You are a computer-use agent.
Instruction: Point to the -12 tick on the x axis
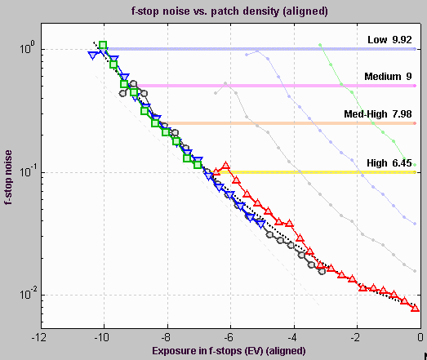[37, 336]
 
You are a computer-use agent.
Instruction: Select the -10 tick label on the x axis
[101, 336]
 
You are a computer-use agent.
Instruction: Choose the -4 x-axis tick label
[292, 336]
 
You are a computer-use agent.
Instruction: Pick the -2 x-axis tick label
[355, 336]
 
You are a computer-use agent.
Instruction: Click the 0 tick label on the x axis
[419, 336]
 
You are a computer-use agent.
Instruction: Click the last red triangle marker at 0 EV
[415, 308]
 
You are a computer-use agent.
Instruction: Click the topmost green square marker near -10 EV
[103, 45]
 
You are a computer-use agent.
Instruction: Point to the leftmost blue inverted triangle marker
[92, 56]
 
